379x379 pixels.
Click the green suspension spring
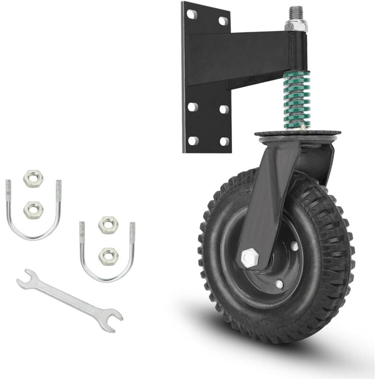point(297,100)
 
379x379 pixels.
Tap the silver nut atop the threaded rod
point(296,25)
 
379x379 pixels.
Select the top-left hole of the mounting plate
point(192,14)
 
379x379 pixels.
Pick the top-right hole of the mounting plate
point(223,21)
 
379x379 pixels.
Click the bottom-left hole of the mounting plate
point(193,141)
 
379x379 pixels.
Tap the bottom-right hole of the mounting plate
point(224,141)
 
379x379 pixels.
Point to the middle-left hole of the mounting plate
point(192,107)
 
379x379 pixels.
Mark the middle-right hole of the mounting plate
point(224,109)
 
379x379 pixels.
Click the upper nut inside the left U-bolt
point(33,179)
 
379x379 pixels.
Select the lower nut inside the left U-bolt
point(33,209)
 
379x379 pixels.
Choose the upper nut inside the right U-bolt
point(108,225)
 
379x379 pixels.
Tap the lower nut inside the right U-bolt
point(108,256)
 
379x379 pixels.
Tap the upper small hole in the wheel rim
point(295,246)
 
